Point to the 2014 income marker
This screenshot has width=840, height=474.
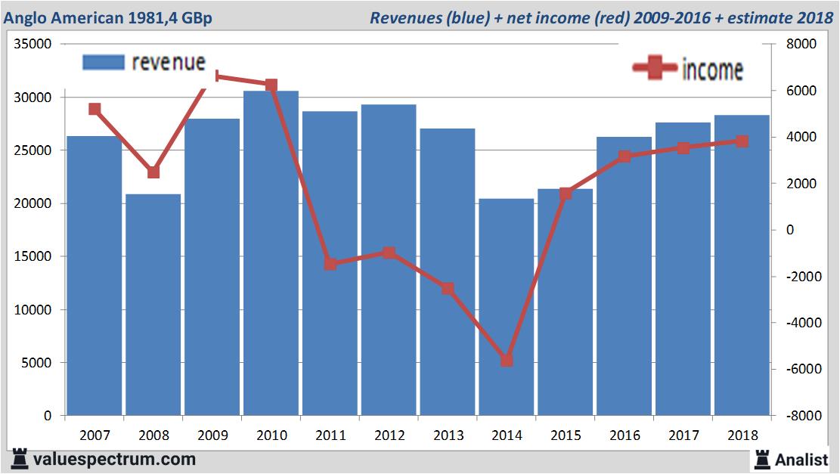click(x=507, y=361)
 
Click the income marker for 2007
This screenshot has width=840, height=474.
click(x=95, y=109)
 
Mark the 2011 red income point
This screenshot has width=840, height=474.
click(x=330, y=264)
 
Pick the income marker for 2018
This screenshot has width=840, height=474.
click(x=742, y=141)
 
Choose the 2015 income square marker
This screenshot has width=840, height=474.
click(x=566, y=194)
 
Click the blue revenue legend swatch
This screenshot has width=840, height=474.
click(x=103, y=62)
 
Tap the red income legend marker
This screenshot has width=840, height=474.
click(x=654, y=69)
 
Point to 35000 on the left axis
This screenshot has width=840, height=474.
click(x=33, y=45)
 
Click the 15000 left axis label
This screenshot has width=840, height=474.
click(x=33, y=257)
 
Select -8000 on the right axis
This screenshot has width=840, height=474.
click(x=801, y=416)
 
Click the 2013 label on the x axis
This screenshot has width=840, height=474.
click(x=448, y=435)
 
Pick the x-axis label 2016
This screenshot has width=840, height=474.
click(x=625, y=435)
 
